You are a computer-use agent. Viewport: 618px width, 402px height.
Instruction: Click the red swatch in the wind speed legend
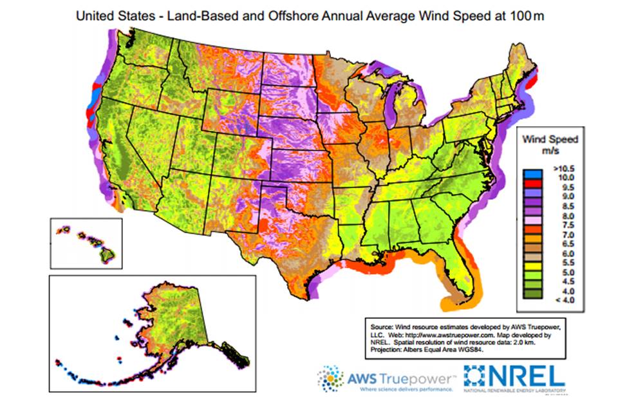click(532, 185)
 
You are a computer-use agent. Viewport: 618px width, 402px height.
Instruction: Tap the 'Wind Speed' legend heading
click(549, 139)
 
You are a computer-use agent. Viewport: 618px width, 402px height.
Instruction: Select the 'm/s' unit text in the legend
click(549, 150)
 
